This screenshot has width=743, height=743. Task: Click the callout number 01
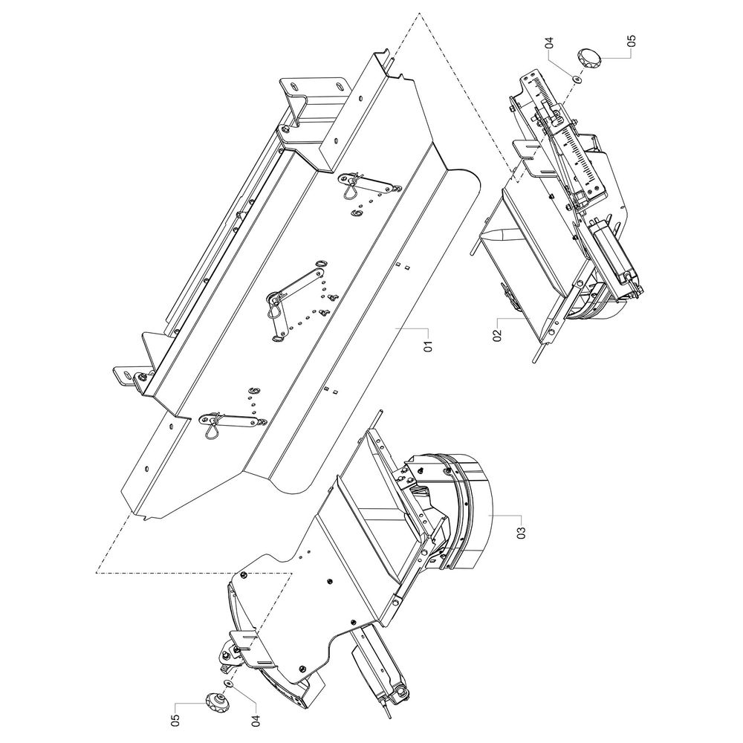428,346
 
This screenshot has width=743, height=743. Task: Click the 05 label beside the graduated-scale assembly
631,41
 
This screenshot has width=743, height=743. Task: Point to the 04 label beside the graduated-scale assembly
549,42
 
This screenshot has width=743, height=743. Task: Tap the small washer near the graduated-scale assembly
577,79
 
